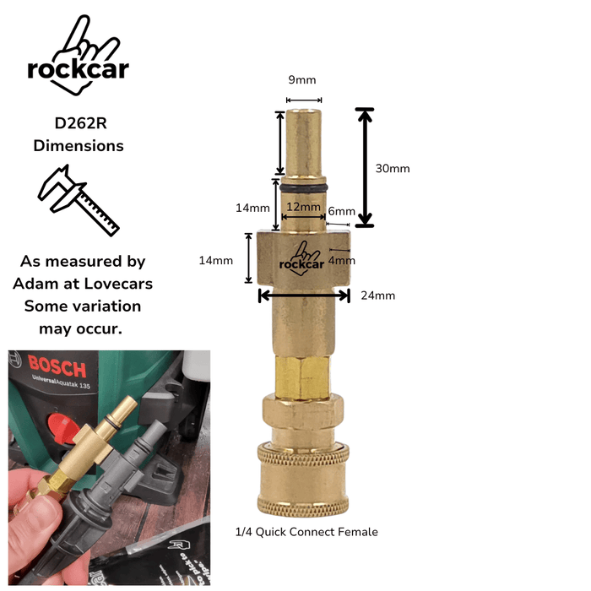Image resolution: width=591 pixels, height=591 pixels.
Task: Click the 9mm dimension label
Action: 302,80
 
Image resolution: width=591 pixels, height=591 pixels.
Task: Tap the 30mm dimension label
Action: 393,169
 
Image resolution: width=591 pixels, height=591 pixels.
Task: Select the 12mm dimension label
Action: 303,207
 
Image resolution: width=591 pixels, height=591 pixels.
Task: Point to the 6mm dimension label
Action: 341,211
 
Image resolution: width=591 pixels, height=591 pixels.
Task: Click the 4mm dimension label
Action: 341,260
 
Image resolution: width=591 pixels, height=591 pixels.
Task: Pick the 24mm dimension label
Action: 378,295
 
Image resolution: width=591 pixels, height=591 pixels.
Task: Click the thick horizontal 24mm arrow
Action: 304,295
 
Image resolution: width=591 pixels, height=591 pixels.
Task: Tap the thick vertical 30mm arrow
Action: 365,168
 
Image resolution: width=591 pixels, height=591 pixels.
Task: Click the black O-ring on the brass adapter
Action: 303,187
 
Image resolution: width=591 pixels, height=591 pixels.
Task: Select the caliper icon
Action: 79,200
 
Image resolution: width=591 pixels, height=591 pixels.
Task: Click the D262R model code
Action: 81,123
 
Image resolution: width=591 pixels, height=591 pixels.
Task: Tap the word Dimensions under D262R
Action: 79,146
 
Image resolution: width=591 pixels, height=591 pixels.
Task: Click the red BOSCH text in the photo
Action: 57,366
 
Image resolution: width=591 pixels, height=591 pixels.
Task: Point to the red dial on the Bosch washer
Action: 63,428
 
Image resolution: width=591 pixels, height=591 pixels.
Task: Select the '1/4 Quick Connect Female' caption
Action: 306,532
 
